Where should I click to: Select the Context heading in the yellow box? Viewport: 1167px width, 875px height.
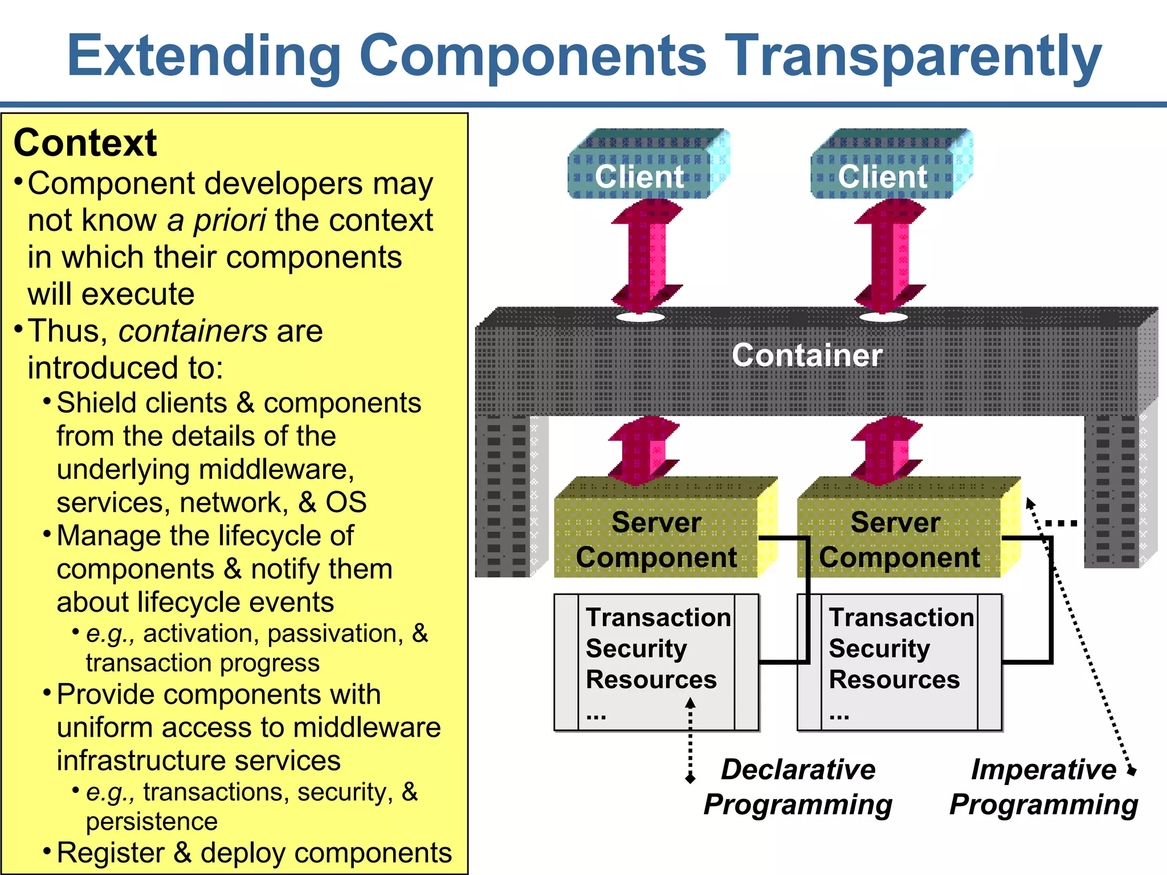85,142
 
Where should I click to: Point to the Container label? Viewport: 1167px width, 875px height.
807,355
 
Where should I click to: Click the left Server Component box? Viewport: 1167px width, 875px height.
656,539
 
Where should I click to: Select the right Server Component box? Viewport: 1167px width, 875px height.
899,539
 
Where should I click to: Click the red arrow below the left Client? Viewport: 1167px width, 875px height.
646,256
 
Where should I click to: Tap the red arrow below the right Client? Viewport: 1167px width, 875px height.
889,256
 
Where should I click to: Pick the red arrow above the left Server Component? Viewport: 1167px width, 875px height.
644,450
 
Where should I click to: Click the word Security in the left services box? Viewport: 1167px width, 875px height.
636,648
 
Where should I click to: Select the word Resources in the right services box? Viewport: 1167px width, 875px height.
894,680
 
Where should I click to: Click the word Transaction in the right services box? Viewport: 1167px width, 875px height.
901,618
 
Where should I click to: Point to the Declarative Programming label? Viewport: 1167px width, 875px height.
798,787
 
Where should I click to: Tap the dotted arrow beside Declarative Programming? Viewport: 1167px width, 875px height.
690,741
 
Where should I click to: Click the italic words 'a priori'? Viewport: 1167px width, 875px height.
217,220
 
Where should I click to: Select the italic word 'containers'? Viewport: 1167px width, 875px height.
193,331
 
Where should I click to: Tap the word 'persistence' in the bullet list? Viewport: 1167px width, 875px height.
152,821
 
